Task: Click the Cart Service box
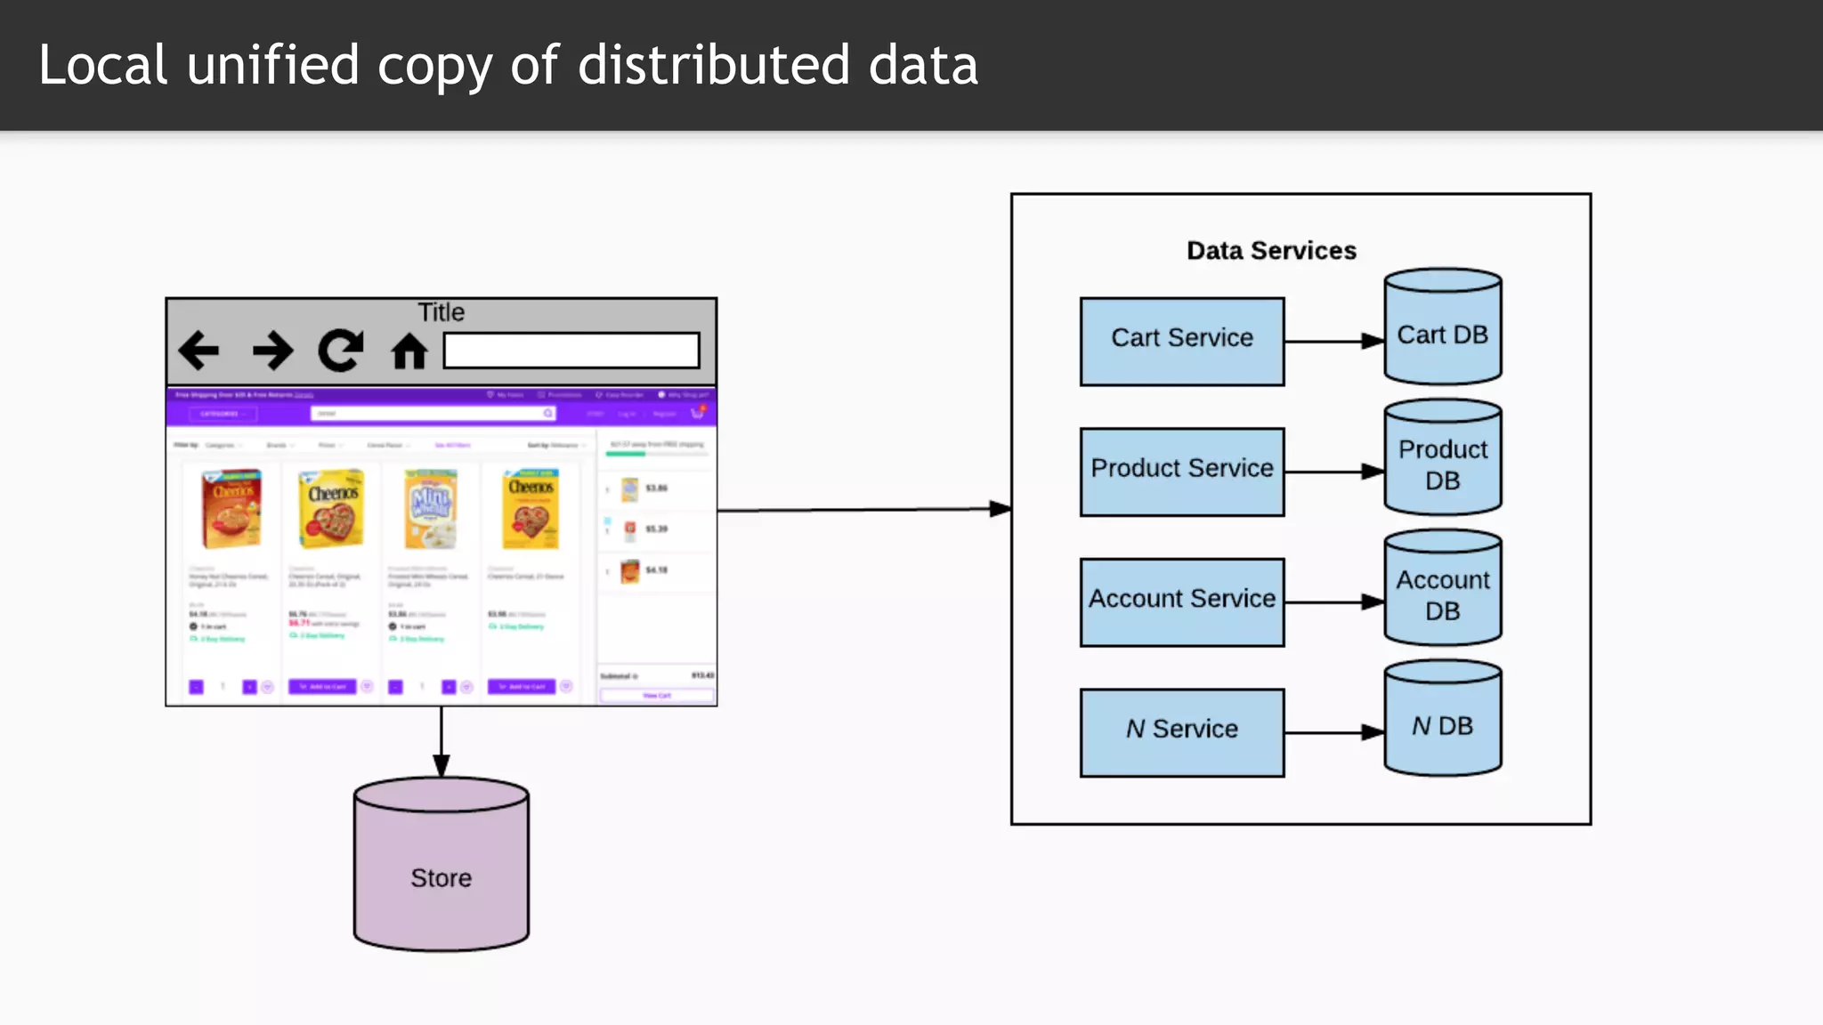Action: [1181, 342]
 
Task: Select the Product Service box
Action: [1181, 472]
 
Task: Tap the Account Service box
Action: [1181, 601]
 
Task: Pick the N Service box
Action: [1181, 731]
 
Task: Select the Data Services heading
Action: [1271, 251]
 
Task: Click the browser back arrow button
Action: [199, 350]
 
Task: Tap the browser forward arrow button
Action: [272, 350]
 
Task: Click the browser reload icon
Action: [341, 350]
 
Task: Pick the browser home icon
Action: [409, 351]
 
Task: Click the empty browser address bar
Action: [571, 351]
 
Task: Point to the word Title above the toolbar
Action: [441, 312]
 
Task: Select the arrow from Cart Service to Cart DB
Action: [1333, 341]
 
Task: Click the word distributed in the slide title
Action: [714, 65]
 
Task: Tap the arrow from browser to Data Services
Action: [863, 510]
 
